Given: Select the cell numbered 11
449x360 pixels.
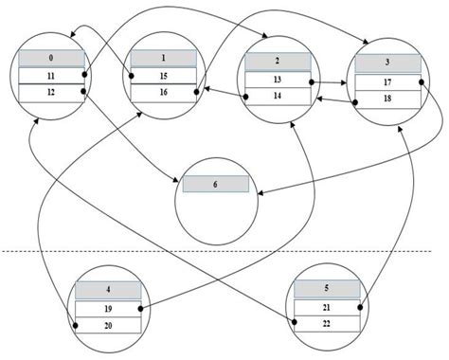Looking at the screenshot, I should click(x=52, y=75).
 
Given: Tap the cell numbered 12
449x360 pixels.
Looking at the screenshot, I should click(x=52, y=92).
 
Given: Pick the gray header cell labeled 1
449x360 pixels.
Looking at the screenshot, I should click(x=163, y=59).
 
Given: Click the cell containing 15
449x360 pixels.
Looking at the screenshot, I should click(x=163, y=75).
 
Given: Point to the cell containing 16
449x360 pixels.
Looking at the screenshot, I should click(x=163, y=92).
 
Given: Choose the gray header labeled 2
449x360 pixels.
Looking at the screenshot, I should click(x=278, y=62).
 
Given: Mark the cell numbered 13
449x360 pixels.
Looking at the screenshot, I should click(x=278, y=80).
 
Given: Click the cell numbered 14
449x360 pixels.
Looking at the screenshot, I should click(x=278, y=96).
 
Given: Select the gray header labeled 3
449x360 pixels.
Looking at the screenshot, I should click(x=386, y=63).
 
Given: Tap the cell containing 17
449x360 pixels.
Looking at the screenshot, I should click(x=386, y=82).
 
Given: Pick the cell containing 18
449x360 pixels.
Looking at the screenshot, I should click(x=386, y=99).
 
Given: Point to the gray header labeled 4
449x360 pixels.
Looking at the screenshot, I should click(x=107, y=290).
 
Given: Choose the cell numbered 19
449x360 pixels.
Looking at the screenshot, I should click(x=107, y=308).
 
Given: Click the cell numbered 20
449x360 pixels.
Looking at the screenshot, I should click(x=107, y=324).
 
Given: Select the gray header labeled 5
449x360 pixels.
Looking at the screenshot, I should click(x=328, y=288).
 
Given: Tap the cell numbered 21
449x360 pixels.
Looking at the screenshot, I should click(x=328, y=306).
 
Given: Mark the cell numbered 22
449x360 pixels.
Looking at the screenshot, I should click(x=328, y=323).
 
